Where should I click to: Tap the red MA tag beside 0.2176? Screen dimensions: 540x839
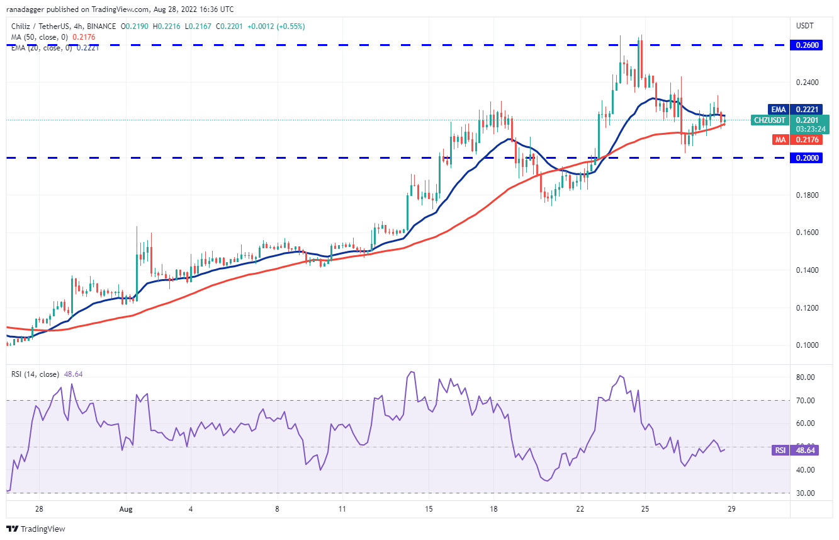tap(780, 140)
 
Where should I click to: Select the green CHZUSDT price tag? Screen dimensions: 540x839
tap(769, 120)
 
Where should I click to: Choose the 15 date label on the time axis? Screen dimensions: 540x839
tap(429, 509)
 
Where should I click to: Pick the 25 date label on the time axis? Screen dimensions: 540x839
tap(645, 509)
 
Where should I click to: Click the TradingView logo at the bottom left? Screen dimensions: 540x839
tap(36, 529)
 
